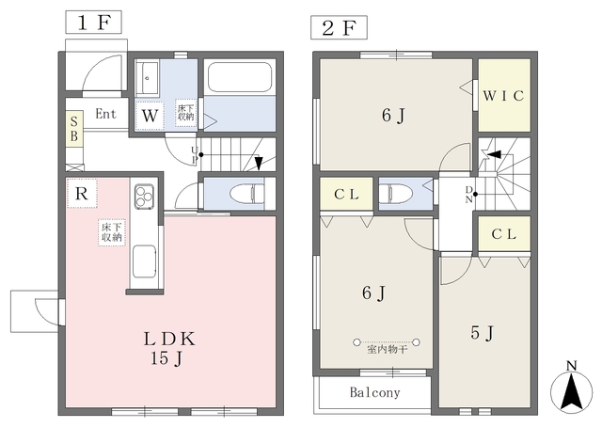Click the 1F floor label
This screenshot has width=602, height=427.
pos(94,23)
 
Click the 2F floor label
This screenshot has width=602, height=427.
pos(339,27)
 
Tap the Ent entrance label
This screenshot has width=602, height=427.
pos(105,114)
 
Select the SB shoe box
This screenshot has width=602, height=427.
pos(74,129)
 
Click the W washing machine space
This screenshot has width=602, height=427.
pos(150,116)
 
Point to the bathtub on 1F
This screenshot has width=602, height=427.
pos(240,77)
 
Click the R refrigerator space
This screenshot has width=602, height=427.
pos(82,193)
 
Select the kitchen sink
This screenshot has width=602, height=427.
pos(144,261)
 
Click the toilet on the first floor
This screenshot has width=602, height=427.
pos(247,194)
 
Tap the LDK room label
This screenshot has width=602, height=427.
pos(169,340)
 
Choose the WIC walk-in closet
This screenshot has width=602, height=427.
pos(504,96)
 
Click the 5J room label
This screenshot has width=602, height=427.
pos(483,333)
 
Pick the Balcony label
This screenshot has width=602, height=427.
pos(374,392)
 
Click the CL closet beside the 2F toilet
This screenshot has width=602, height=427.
pos(346,194)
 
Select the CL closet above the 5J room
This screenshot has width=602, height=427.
pos(504,233)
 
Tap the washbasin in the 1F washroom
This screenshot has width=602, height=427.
pos(148,78)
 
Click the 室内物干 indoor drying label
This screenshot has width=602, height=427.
pos(387,350)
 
